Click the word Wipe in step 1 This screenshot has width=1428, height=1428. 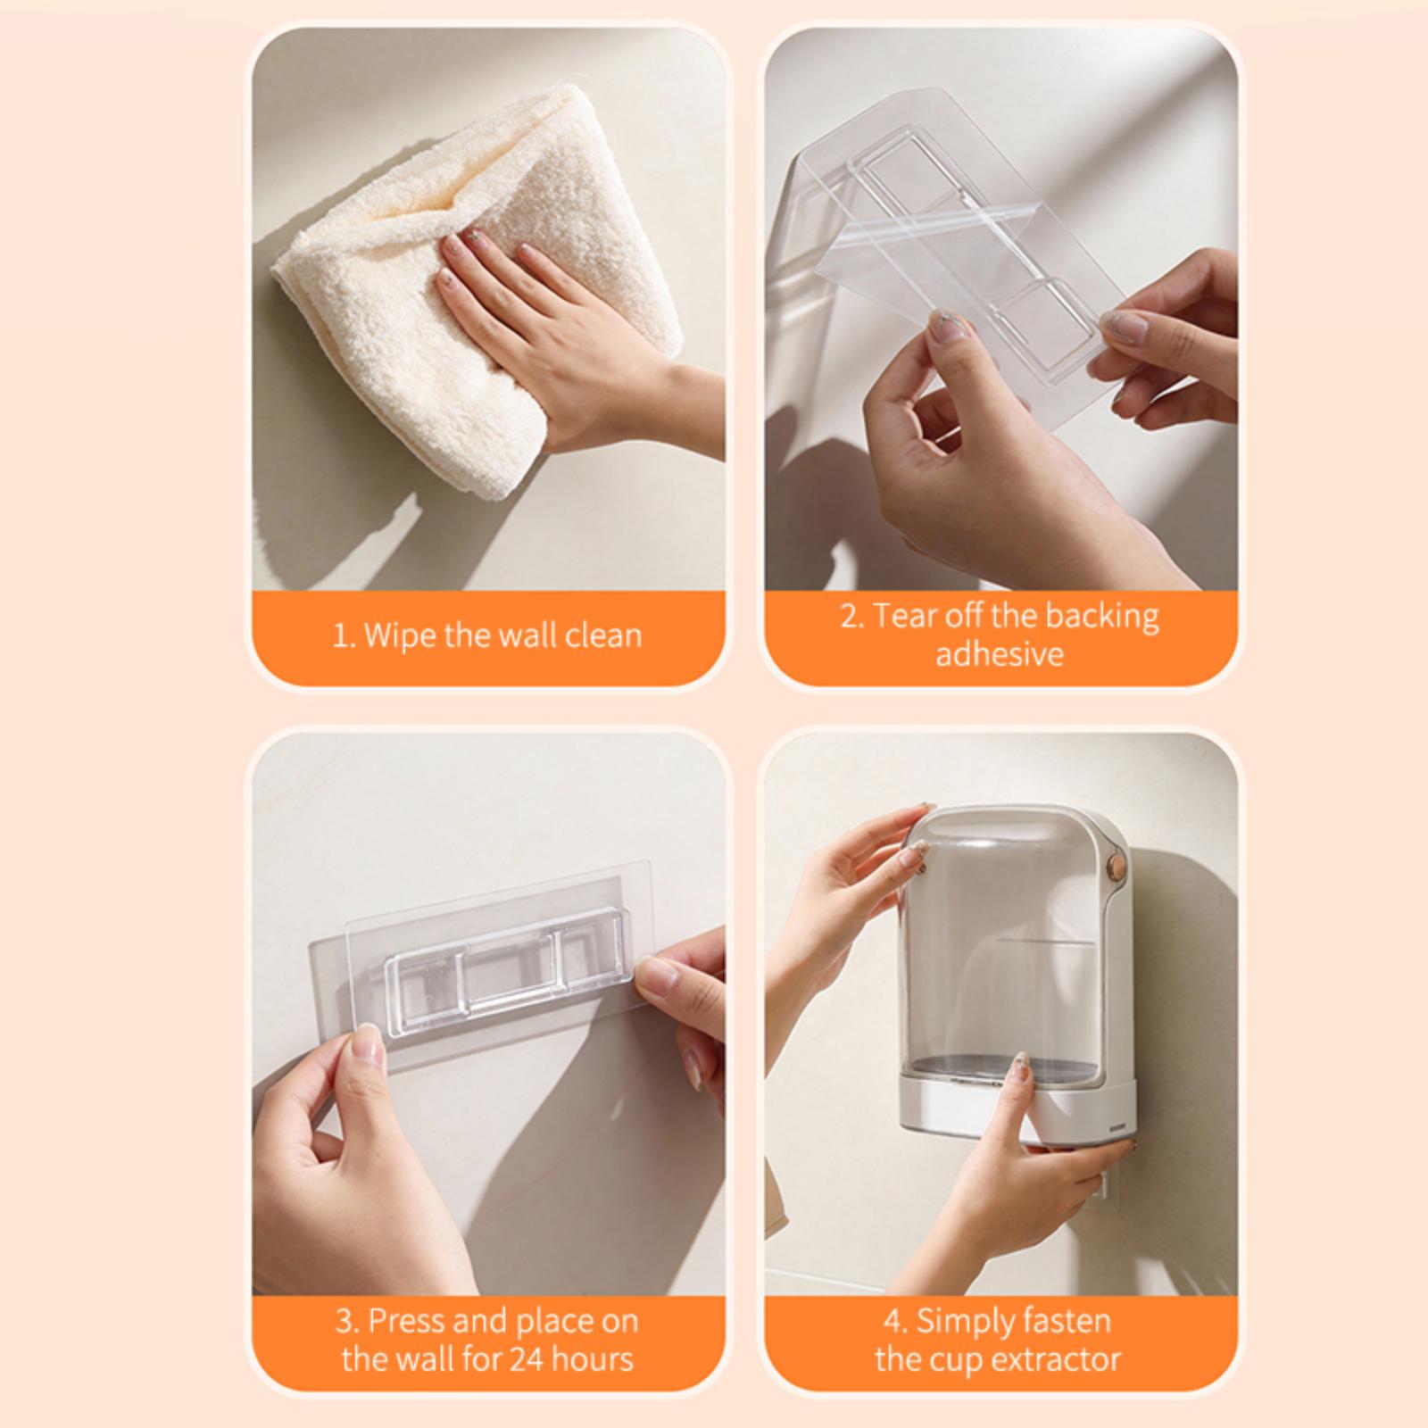[x=401, y=635]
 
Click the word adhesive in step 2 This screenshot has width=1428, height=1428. [x=1000, y=654]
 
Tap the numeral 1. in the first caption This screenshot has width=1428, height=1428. [x=344, y=636]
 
